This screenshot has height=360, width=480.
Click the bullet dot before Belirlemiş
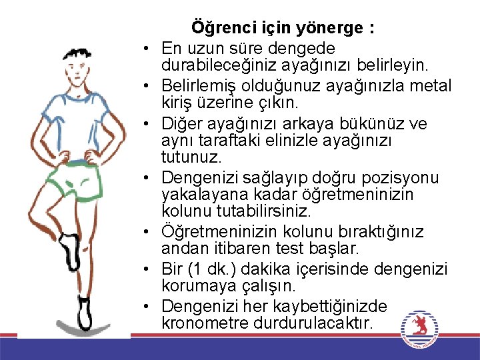pyautogui.click(x=145, y=87)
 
